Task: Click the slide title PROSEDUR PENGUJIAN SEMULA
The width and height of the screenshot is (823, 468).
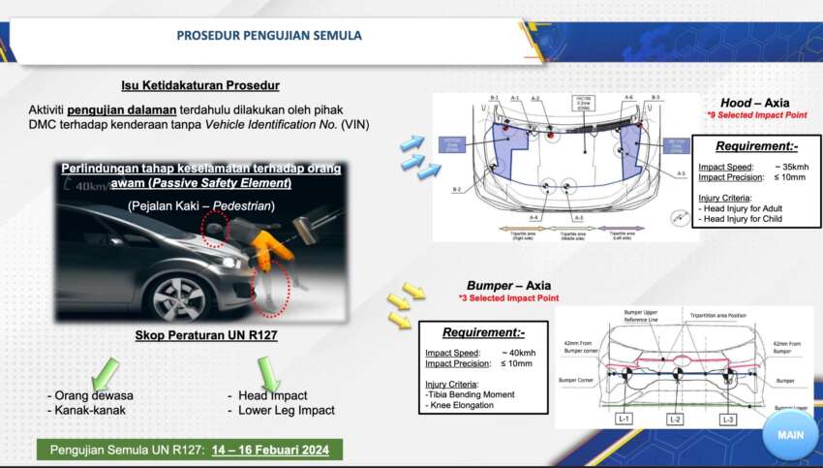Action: coord(269,36)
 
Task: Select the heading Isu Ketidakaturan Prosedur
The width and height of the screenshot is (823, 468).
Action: coord(200,85)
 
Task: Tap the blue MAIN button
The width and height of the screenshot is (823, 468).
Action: coord(790,435)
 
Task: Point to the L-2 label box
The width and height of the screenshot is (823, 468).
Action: coord(675,419)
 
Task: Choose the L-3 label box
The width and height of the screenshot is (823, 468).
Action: coord(727,419)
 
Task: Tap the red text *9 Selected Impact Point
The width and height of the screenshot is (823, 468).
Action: coord(757,116)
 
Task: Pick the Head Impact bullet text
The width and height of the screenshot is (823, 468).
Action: coord(273,395)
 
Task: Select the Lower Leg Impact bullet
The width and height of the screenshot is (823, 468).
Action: coord(287,410)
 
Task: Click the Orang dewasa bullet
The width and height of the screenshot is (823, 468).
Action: coord(94,395)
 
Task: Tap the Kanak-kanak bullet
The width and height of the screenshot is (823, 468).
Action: coord(88,410)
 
